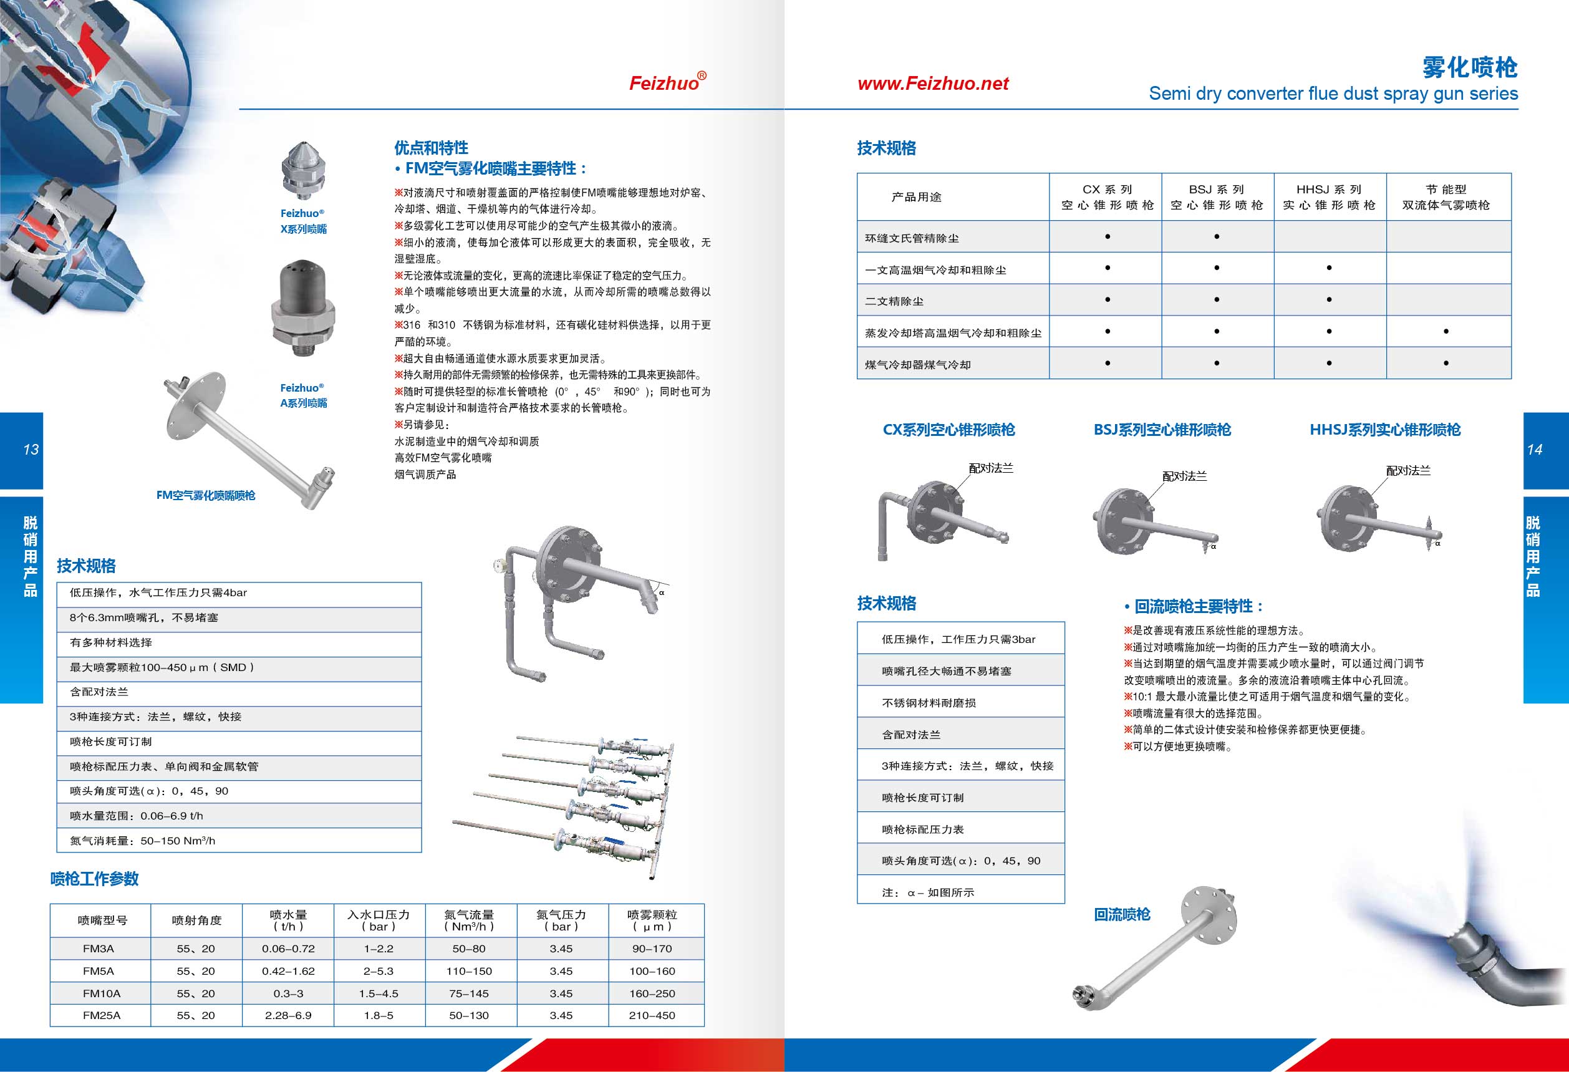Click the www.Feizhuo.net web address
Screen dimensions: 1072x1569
(x=933, y=84)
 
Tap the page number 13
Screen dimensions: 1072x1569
(x=31, y=450)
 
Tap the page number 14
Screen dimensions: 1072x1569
(x=1534, y=450)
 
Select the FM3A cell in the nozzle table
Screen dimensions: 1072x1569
(x=99, y=949)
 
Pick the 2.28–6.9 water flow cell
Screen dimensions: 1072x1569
(x=288, y=1015)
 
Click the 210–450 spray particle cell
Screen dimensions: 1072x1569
(x=652, y=1015)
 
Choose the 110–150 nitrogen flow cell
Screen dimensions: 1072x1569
(x=469, y=971)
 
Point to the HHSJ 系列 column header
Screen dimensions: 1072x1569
(x=1329, y=197)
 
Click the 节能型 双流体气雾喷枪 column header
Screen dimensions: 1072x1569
(x=1446, y=197)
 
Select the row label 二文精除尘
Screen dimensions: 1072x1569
(x=894, y=302)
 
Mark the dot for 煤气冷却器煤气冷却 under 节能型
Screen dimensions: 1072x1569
(x=1446, y=363)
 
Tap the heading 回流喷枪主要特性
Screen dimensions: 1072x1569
(x=1199, y=606)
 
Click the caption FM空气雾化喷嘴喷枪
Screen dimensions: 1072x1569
(x=206, y=496)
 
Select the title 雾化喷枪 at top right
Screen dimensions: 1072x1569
(x=1470, y=67)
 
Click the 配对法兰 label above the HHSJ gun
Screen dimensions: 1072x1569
(x=1407, y=470)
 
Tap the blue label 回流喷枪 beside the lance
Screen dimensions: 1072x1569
(x=1122, y=915)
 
